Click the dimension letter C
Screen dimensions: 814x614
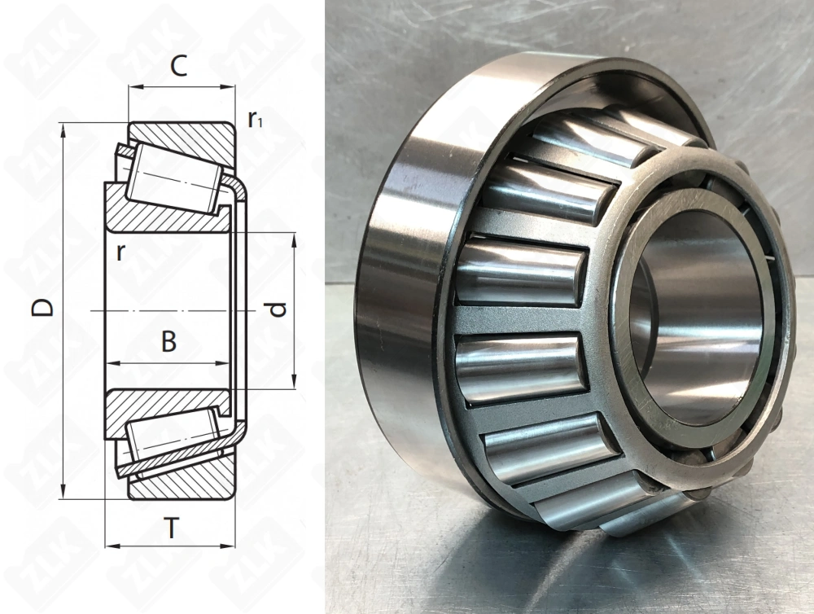pos(178,66)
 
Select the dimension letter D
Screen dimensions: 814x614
pos(42,307)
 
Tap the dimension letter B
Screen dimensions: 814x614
pos(168,342)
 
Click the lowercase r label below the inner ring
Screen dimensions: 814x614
pos(121,252)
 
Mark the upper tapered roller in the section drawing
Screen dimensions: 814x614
pos(174,178)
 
